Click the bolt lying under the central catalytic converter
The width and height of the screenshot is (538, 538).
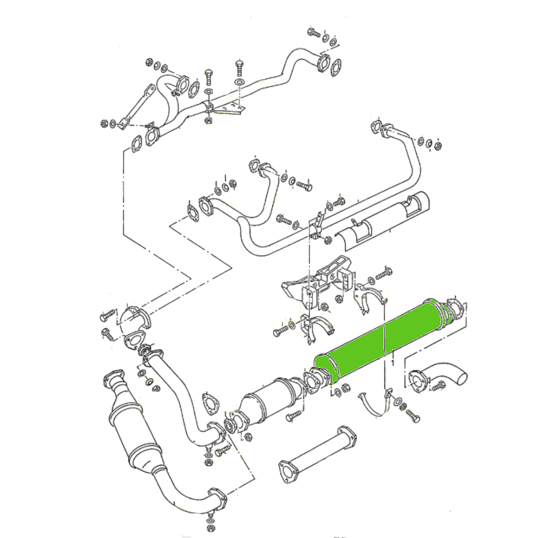pyautogui.click(x=293, y=418)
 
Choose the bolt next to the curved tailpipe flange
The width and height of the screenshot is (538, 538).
pyautogui.click(x=438, y=386)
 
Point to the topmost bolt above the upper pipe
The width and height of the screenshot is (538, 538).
pyautogui.click(x=313, y=32)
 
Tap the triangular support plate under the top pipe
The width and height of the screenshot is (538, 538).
pyautogui.click(x=227, y=108)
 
